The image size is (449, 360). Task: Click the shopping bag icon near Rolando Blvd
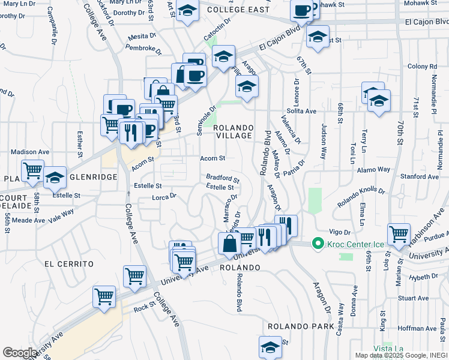pyautogui.click(x=229, y=244)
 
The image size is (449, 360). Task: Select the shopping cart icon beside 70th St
pyautogui.click(x=399, y=234)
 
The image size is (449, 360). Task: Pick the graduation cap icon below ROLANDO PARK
pyautogui.click(x=270, y=346)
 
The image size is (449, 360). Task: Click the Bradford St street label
pyautogui.click(x=223, y=178)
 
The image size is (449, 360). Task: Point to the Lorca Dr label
pyautogui.click(x=164, y=196)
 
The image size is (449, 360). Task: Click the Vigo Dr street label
pyautogui.click(x=339, y=232)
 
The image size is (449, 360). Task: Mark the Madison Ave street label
pyautogui.click(x=29, y=152)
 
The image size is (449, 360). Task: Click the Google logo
pyautogui.click(x=20, y=353)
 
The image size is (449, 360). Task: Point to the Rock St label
pyautogui.click(x=145, y=308)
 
